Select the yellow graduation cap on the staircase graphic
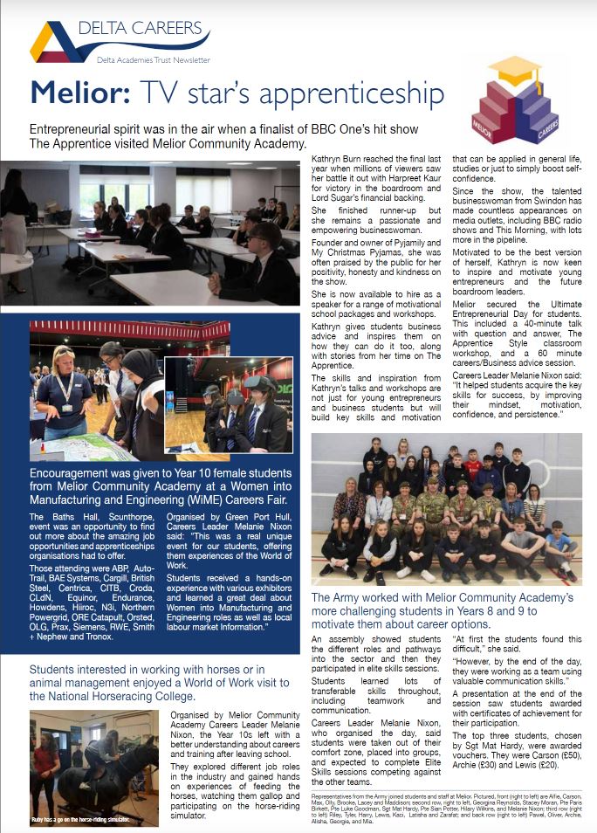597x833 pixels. [514, 70]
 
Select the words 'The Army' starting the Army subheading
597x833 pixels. [336, 573]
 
